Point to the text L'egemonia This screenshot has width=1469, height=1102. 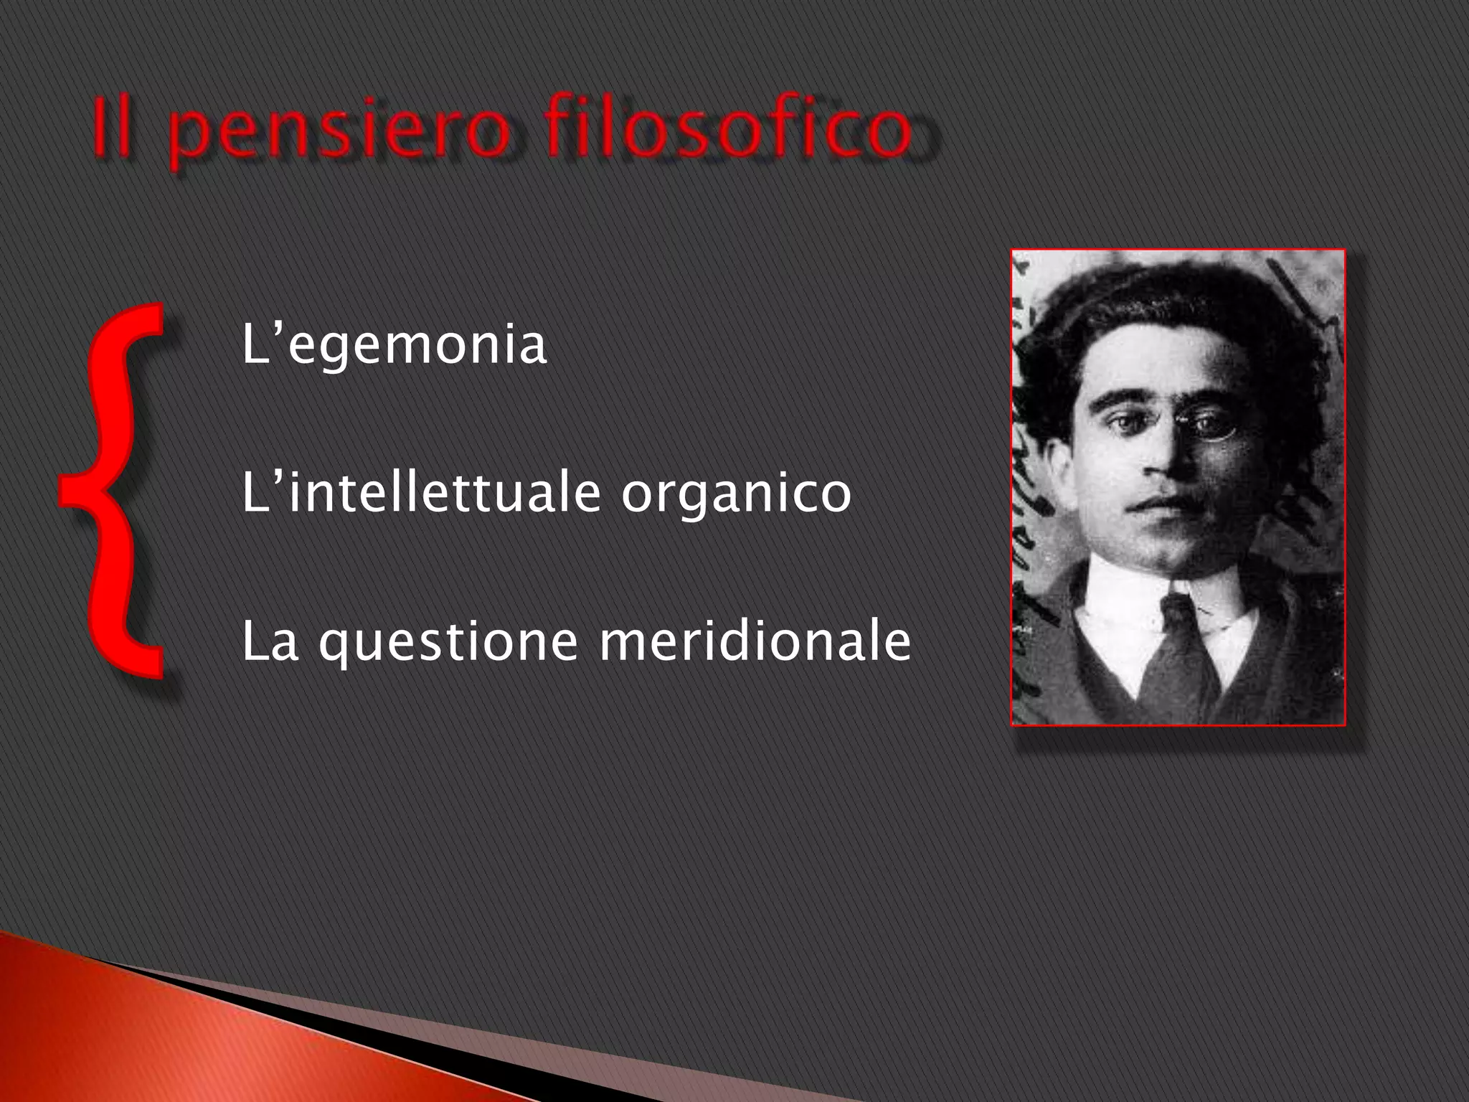[394, 345]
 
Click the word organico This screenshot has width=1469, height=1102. [736, 494]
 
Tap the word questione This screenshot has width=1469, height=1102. [448, 642]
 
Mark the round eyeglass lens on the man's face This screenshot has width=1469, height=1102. [1212, 425]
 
